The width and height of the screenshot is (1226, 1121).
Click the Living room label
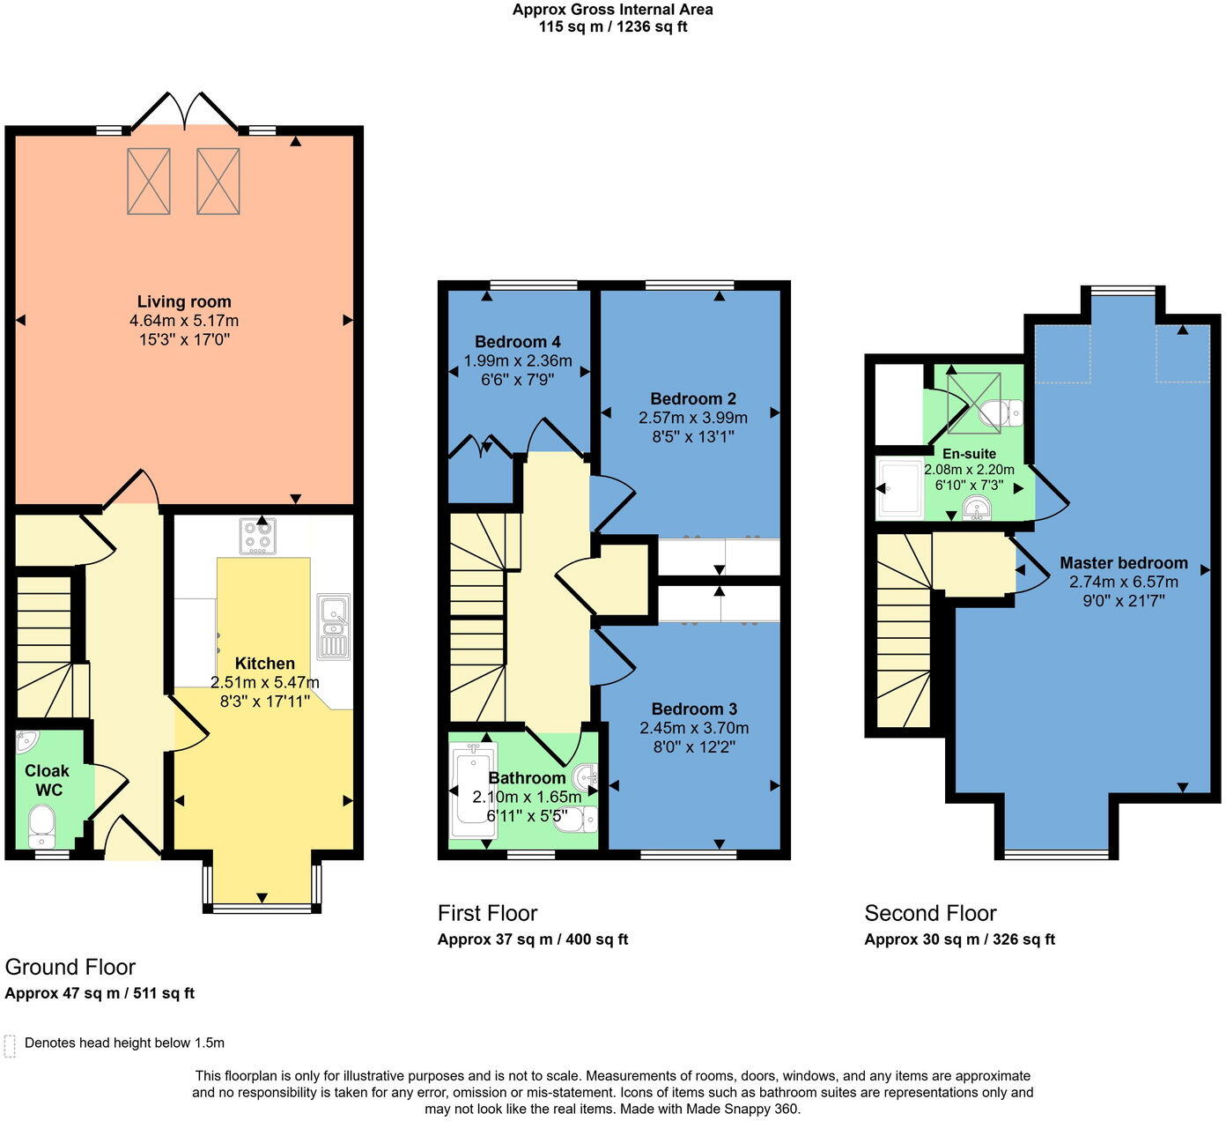pyautogui.click(x=184, y=302)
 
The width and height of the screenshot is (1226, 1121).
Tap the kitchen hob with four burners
pyautogui.click(x=257, y=535)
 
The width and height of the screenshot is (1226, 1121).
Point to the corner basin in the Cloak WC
pyautogui.click(x=26, y=741)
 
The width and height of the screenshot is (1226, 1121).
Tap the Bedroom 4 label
pyautogui.click(x=517, y=342)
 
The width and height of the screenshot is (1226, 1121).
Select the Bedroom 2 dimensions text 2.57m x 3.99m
pyautogui.click(x=692, y=418)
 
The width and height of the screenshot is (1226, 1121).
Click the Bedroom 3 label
pyautogui.click(x=694, y=709)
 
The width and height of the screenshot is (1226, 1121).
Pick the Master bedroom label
pyautogui.click(x=1123, y=563)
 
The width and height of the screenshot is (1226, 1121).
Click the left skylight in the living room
pyautogui.click(x=149, y=182)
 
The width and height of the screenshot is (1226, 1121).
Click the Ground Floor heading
pyautogui.click(x=70, y=967)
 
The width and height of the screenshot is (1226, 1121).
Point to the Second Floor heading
pyautogui.click(x=930, y=913)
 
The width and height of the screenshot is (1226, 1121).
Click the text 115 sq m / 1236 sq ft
pyautogui.click(x=613, y=26)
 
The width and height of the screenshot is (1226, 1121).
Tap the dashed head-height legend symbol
pyautogui.click(x=11, y=1046)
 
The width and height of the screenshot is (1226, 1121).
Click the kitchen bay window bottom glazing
pyautogui.click(x=262, y=908)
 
